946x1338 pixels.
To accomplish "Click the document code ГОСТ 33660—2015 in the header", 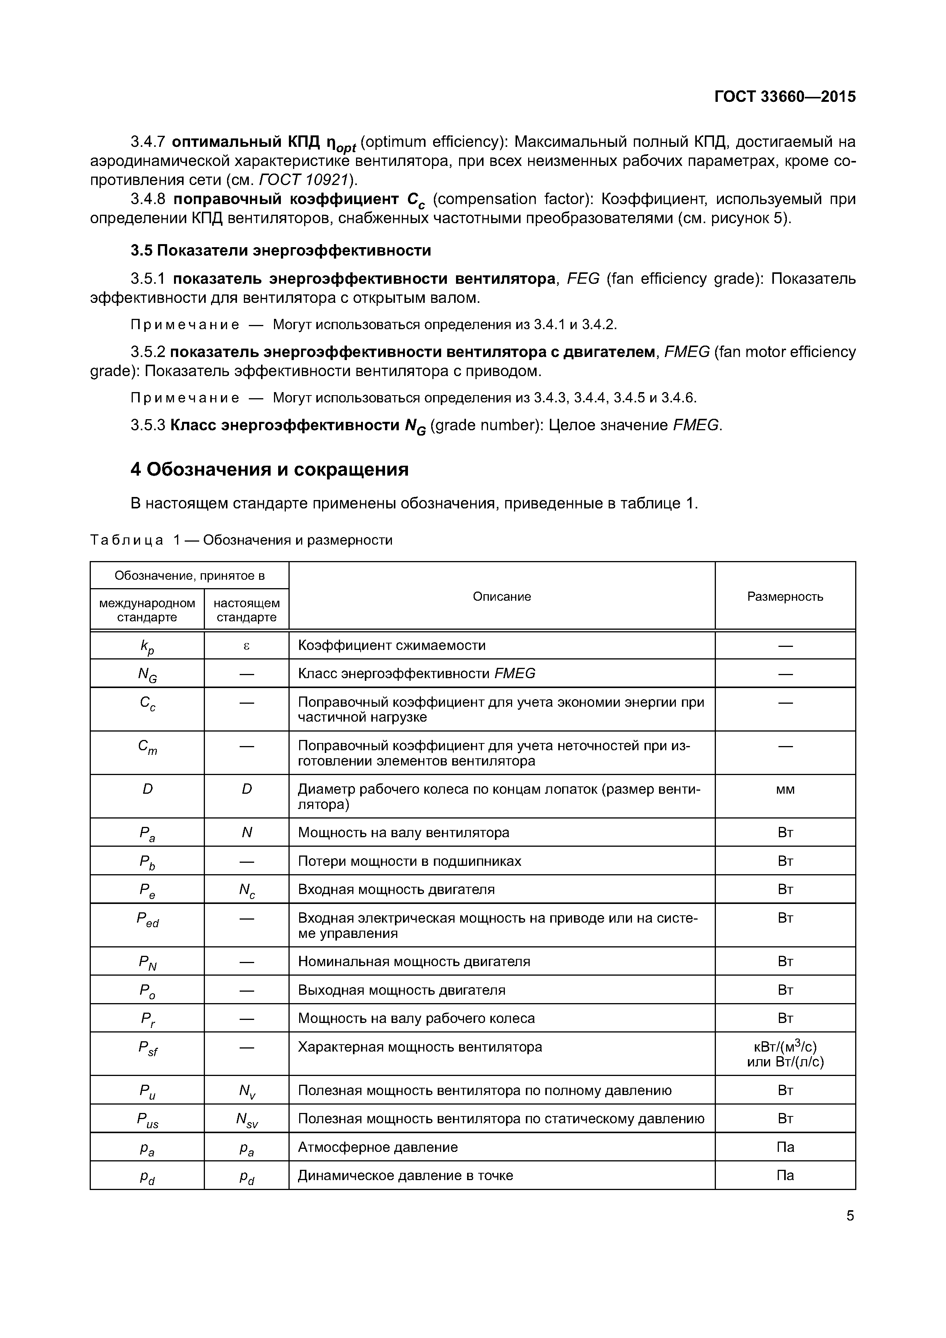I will (785, 97).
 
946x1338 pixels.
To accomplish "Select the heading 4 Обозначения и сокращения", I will (269, 469).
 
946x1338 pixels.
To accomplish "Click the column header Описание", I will (501, 596).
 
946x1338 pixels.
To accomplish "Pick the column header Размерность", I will (785, 596).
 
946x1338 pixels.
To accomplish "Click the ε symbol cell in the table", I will (246, 645).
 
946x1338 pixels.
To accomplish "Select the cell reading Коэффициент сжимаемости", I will (392, 645).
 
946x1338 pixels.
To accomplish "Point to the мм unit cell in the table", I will (785, 790).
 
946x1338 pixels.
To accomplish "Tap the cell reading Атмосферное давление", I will (378, 1147).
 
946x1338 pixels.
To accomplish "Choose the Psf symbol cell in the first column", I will (147, 1049).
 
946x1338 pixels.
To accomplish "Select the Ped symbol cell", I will (147, 919).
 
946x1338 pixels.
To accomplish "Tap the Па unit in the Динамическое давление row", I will (785, 1175).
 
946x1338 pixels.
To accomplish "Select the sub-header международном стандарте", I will (147, 609).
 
